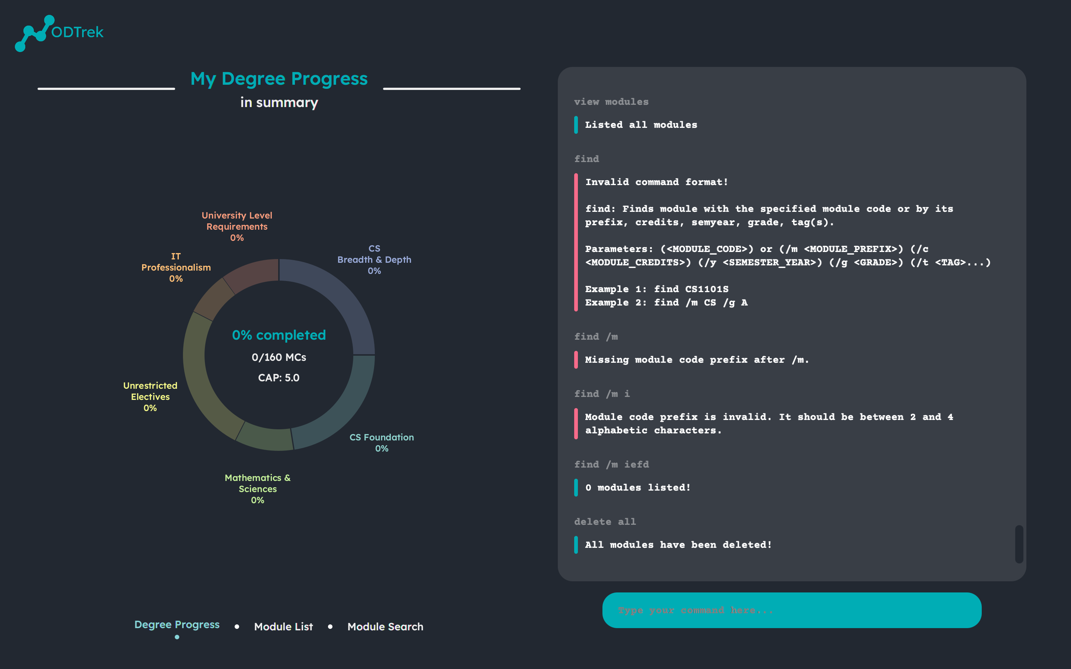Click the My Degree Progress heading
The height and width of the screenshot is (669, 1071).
(279, 79)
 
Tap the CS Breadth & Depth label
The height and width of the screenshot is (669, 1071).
(374, 260)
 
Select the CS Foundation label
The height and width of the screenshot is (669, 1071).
(382, 442)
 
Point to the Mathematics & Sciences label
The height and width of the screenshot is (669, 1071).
(258, 488)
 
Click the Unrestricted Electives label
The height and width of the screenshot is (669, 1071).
(150, 397)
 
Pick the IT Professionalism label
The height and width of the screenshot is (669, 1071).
(176, 267)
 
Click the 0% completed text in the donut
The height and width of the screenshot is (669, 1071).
(279, 335)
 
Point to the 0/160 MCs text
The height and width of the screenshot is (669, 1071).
(279, 357)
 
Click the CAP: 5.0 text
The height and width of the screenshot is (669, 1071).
(279, 377)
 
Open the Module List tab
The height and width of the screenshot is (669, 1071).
(283, 627)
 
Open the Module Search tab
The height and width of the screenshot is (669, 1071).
(385, 627)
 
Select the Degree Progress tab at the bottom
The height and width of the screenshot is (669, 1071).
(177, 624)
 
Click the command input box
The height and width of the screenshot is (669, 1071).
(791, 610)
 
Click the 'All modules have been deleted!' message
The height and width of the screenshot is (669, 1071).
(678, 544)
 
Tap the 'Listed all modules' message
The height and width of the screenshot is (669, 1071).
(641, 125)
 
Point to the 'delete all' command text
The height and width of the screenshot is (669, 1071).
(605, 522)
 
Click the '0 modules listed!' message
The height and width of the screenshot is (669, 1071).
(637, 488)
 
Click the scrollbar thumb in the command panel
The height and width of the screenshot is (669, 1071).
(1019, 544)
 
